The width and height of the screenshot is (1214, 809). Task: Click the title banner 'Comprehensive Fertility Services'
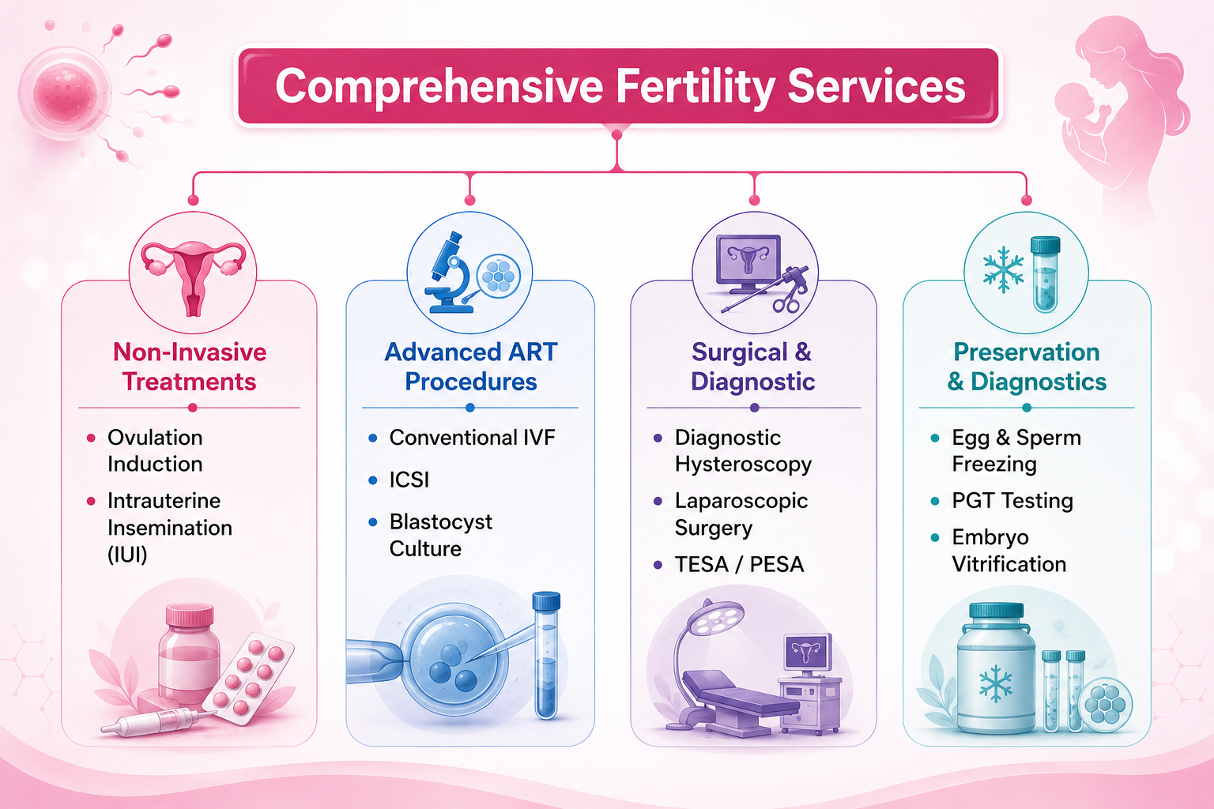(618, 85)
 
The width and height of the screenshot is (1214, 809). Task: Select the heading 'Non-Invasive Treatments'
(190, 367)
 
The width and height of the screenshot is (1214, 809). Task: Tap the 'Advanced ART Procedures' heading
(471, 367)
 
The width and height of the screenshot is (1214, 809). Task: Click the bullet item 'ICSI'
(409, 480)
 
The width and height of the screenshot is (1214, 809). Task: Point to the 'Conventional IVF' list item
(472, 437)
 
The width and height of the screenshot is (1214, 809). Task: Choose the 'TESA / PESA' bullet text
(739, 564)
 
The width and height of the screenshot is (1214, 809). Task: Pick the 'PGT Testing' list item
(1012, 501)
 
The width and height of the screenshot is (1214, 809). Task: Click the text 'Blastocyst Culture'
(440, 536)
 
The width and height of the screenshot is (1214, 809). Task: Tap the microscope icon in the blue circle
(448, 273)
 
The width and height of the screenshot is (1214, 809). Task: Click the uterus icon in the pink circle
(193, 277)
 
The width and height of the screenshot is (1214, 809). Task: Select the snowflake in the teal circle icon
(1003, 270)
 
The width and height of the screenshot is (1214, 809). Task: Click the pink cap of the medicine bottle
(190, 615)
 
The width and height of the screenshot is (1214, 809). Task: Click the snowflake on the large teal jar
(996, 684)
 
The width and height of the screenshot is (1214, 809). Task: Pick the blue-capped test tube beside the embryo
(546, 656)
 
